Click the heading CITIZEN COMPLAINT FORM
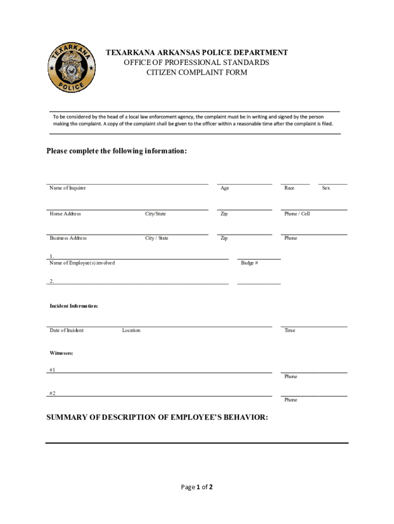tap(197, 73)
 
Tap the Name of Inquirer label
tap(68, 188)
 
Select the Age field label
tap(225, 188)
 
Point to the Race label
tap(289, 188)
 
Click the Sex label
tap(326, 188)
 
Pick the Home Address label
tap(65, 213)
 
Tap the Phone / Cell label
tap(297, 213)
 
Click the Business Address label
tap(68, 238)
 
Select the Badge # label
tap(249, 263)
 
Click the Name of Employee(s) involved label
tap(82, 263)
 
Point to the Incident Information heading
tap(74, 305)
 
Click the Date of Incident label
tap(67, 330)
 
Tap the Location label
tap(131, 330)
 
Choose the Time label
tap(290, 330)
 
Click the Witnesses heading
tap(61, 353)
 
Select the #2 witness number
tap(52, 393)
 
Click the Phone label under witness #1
tap(291, 377)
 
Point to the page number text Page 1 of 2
tap(197, 487)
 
